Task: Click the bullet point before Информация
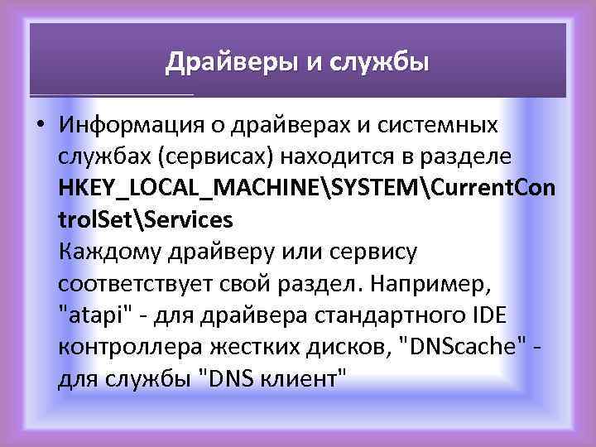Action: tap(39, 126)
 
